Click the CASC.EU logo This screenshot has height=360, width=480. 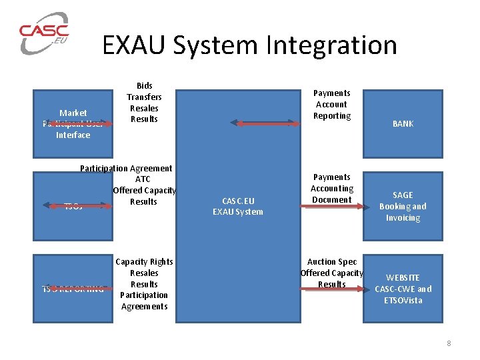point(44,33)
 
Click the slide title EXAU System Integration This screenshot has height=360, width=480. point(249,45)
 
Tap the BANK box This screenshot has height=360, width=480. point(403,123)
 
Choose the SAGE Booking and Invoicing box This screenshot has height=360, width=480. point(403,206)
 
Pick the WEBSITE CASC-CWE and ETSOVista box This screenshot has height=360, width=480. point(403,289)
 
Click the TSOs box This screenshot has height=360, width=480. point(73,206)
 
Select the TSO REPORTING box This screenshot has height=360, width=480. point(73,289)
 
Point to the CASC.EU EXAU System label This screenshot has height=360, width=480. point(238,206)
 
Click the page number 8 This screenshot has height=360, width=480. point(449,343)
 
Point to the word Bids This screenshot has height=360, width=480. point(144,85)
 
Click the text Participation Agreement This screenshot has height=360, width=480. point(126,169)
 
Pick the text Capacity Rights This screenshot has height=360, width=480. point(144,262)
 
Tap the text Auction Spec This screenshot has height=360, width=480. point(332,262)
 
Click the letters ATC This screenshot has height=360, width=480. point(143,179)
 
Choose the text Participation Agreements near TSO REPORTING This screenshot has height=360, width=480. point(144,301)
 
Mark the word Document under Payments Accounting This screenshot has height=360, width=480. point(331,199)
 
